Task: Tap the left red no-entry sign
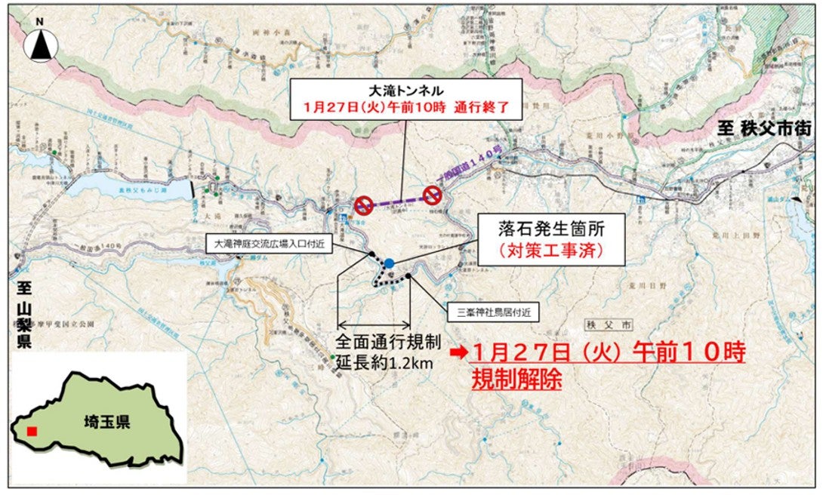coord(364,204)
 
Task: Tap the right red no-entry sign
coord(431,195)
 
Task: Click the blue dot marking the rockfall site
coord(388,263)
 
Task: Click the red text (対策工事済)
coord(551,250)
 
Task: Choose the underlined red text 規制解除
coord(516,380)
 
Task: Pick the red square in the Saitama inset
coord(31,432)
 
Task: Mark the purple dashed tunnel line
coord(398,200)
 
